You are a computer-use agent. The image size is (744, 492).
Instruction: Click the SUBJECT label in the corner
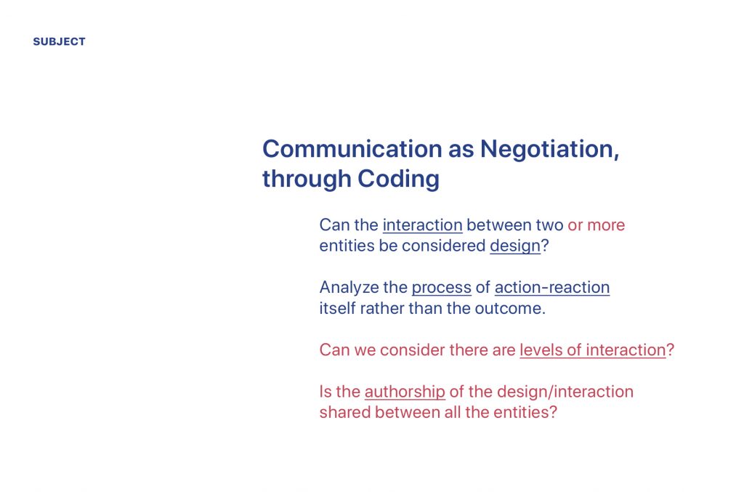point(60,41)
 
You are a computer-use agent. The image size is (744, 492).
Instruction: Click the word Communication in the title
point(353,149)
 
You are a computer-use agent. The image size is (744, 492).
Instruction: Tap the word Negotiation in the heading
point(549,150)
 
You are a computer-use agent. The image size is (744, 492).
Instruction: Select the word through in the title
point(307,180)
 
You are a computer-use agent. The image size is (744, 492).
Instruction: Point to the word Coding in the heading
point(399,180)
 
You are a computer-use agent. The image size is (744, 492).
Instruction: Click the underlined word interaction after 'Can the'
point(422,225)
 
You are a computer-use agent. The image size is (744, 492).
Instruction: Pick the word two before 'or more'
point(549,225)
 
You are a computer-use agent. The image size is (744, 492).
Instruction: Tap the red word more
point(606,225)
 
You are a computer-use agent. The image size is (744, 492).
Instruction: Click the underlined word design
point(515,246)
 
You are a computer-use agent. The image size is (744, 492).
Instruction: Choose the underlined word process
point(441,288)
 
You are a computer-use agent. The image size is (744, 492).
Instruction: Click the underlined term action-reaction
point(552,288)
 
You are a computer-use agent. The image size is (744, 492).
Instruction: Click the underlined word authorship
point(405,392)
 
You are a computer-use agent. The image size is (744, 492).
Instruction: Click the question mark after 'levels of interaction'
point(670,350)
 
